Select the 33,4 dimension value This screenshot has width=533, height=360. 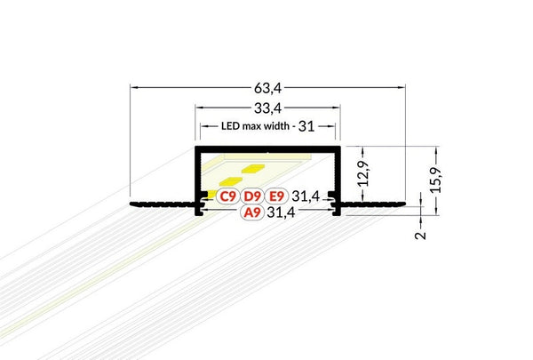[x=268, y=109]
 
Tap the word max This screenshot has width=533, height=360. [x=241, y=126]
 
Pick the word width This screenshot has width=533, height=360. [x=273, y=126]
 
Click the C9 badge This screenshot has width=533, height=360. [x=227, y=196]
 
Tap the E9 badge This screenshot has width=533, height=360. [x=276, y=196]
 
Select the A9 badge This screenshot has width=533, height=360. [x=251, y=213]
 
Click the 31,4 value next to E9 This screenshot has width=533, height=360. [x=306, y=196]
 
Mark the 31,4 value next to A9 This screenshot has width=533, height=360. [x=282, y=213]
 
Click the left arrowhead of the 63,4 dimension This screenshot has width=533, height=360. [x=134, y=87]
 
